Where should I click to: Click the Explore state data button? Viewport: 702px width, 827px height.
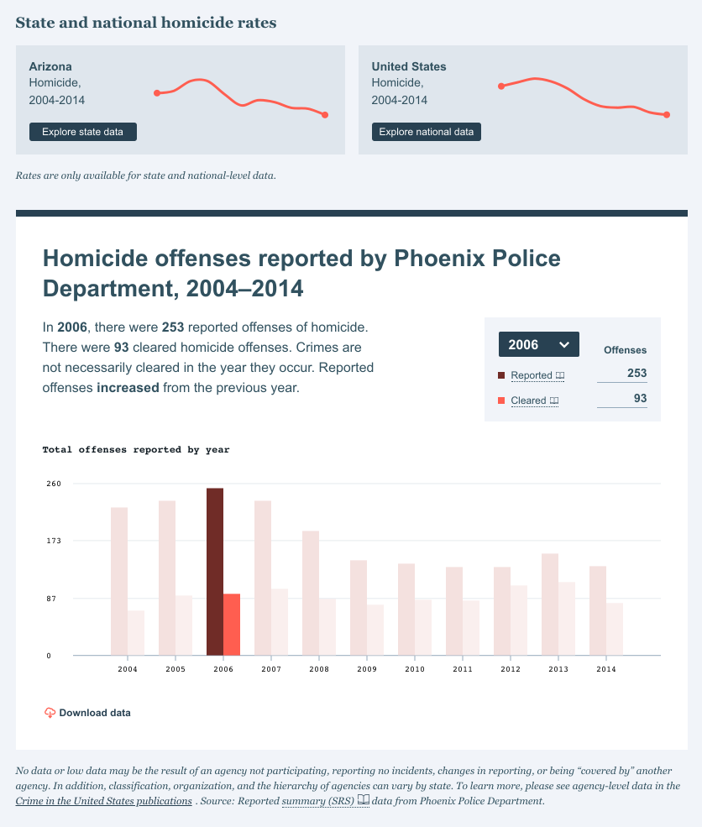tap(82, 132)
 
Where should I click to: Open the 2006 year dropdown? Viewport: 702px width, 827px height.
tap(538, 344)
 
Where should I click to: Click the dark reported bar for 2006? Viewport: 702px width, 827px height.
tap(215, 571)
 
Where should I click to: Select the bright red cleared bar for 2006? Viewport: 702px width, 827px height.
tap(232, 624)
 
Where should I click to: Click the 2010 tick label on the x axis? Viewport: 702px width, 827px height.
tap(415, 669)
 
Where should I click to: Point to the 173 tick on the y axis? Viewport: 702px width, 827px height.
tap(54, 541)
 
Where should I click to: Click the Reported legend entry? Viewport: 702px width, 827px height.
tap(532, 375)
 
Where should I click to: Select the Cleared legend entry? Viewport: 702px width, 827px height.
tap(528, 400)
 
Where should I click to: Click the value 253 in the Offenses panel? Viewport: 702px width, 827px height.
tap(637, 374)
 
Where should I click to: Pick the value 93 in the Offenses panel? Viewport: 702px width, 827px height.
tap(640, 399)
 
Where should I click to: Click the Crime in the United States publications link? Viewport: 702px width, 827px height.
tap(103, 801)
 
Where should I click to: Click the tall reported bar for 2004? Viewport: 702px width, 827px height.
tap(119, 581)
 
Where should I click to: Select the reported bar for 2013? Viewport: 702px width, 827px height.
tap(550, 604)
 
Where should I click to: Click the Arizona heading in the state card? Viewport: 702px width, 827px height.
tap(50, 66)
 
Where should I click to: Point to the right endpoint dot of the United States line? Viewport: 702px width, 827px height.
tap(667, 115)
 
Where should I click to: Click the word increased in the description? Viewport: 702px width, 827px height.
tap(128, 388)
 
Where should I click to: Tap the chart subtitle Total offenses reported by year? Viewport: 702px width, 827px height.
tap(136, 450)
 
